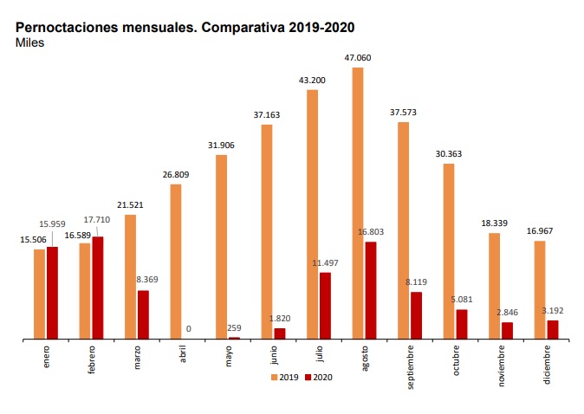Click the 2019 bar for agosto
[358, 204]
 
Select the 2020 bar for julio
[325, 306]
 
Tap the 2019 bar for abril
[176, 262]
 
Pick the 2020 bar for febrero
[98, 288]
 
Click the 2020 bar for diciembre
[553, 330]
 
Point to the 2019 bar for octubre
[449, 251]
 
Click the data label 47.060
[358, 59]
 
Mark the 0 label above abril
[188, 329]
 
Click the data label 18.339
[494, 223]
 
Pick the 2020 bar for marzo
[143, 315]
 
